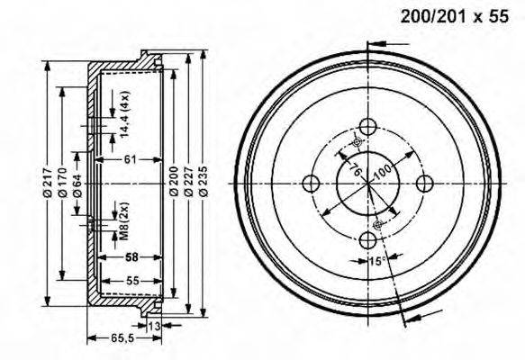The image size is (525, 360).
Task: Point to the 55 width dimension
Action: (131, 282)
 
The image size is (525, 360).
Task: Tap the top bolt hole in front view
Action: (367, 128)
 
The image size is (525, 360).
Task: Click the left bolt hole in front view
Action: (311, 184)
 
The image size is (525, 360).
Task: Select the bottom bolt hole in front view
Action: (367, 240)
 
